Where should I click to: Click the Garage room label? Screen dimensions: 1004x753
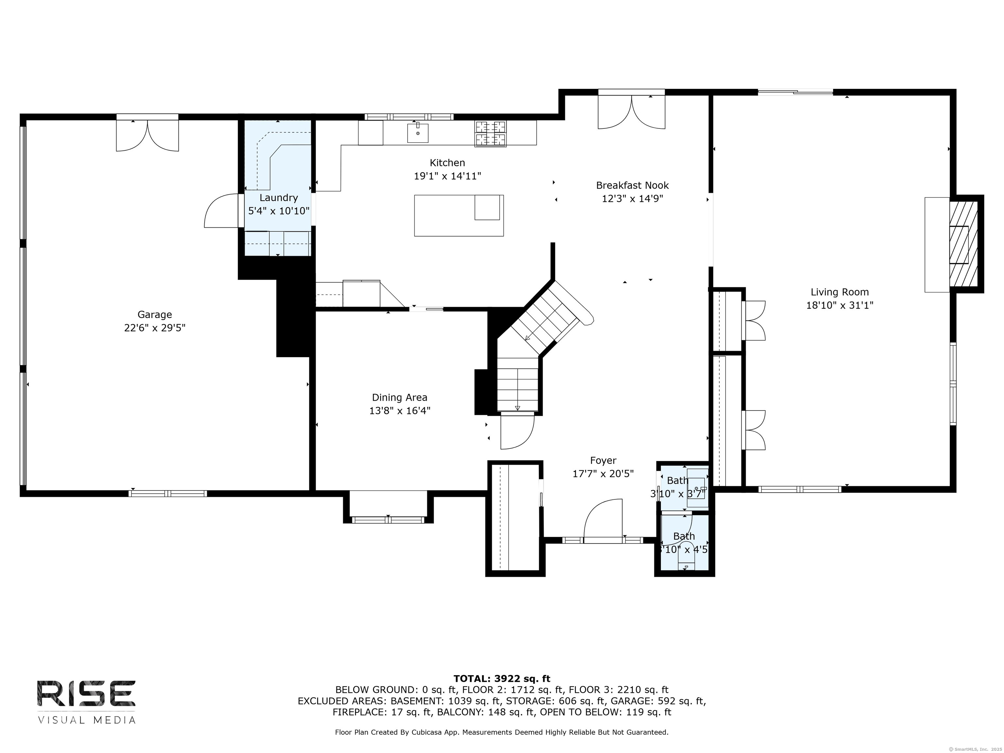point(155,314)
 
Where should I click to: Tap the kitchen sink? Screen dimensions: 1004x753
point(418,133)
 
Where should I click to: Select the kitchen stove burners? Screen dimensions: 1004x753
point(491,134)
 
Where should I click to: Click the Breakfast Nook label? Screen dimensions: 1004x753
point(632,185)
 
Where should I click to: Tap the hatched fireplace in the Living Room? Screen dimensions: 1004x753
point(963,244)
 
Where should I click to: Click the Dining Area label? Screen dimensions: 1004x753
point(399,398)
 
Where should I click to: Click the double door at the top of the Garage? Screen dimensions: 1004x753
point(147,133)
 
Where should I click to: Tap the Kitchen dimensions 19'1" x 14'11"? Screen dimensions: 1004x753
point(447,176)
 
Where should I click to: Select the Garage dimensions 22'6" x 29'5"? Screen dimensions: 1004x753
point(155,328)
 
